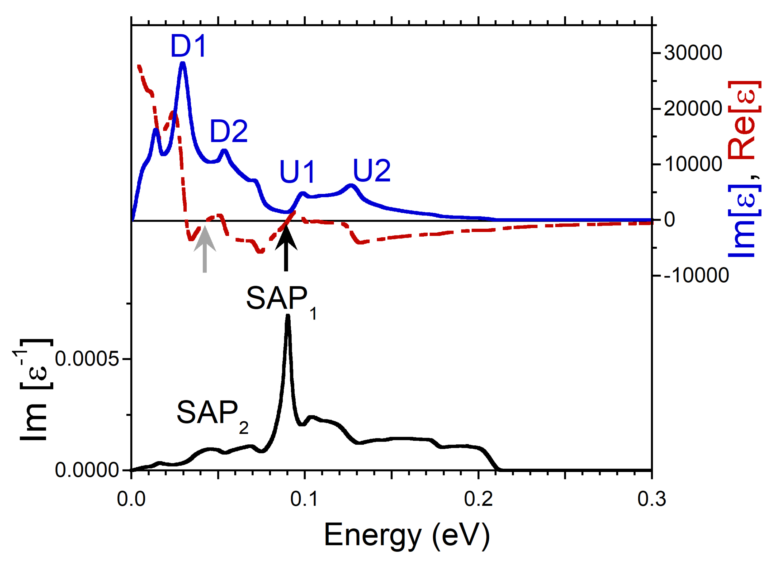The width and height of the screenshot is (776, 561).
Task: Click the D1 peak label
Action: tap(189, 46)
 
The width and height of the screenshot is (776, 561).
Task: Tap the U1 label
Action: tap(297, 171)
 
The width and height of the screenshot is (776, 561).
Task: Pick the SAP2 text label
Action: tap(212, 415)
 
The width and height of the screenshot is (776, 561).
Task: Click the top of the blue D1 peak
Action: tap(183, 64)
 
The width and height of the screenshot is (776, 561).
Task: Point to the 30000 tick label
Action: tap(693, 53)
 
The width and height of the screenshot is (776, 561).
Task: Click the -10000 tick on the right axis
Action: tap(696, 275)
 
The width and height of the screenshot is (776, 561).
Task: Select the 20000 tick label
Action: tap(693, 109)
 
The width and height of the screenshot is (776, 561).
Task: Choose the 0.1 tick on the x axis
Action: tap(304, 499)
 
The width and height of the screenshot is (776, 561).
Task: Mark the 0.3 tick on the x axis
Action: tap(652, 499)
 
